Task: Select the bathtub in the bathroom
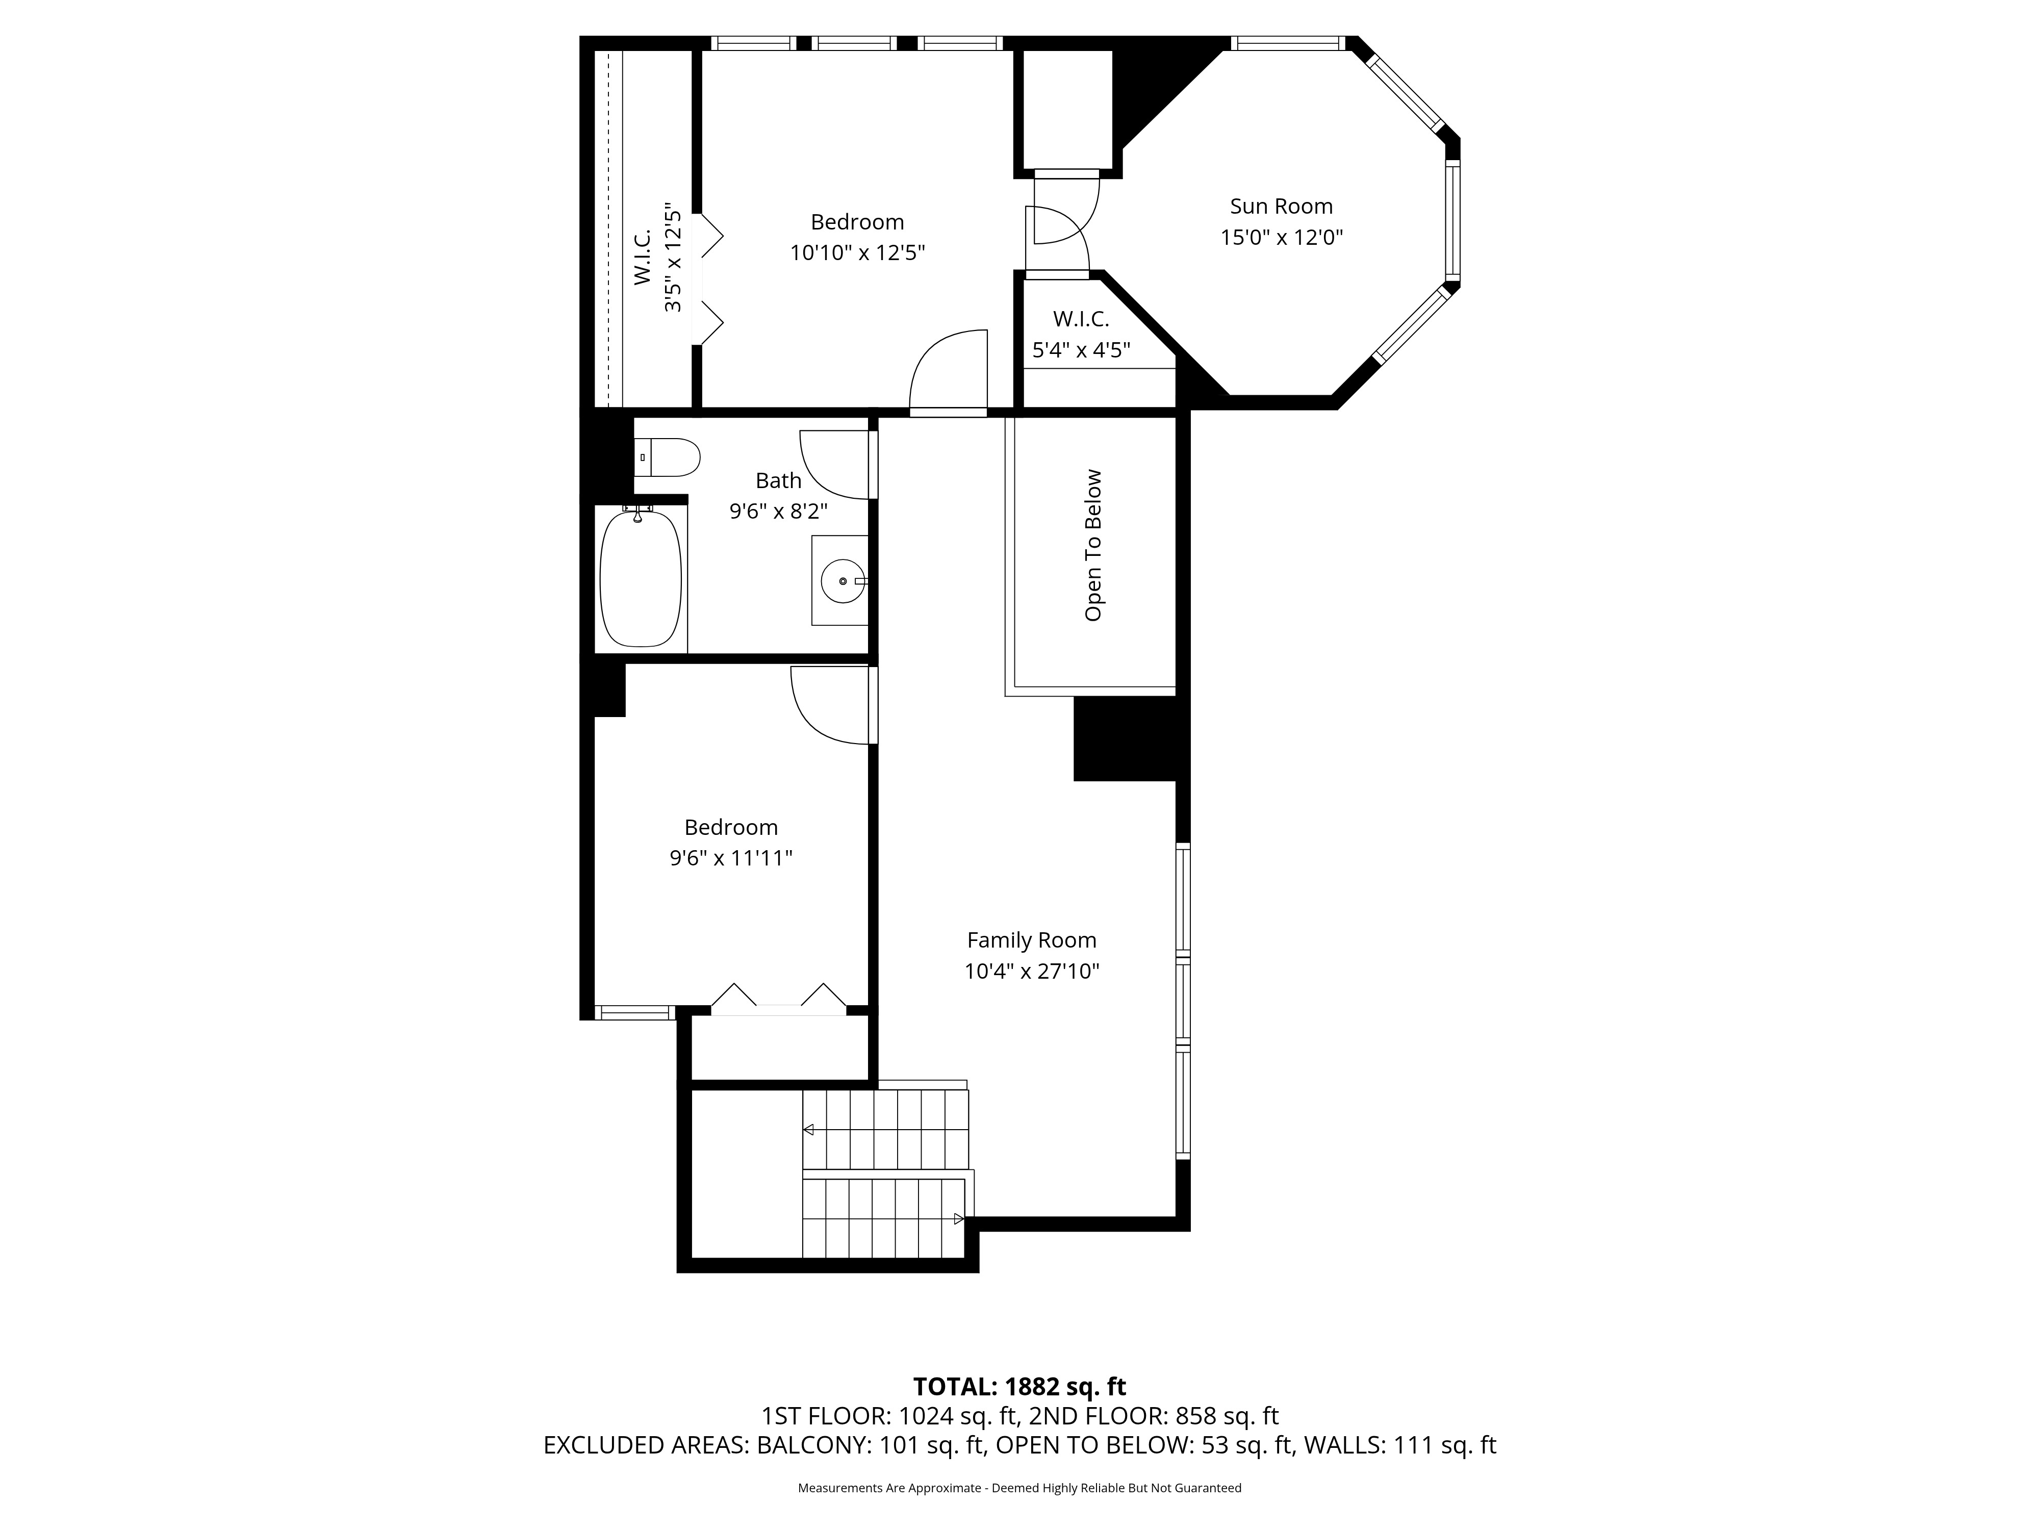[x=641, y=578]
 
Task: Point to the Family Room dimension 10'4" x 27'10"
[x=1032, y=971]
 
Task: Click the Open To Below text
[x=1094, y=545]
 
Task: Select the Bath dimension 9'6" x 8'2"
[x=778, y=511]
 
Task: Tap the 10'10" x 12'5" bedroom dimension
[x=857, y=252]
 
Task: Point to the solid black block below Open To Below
[x=1125, y=738]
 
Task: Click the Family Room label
[x=1032, y=940]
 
